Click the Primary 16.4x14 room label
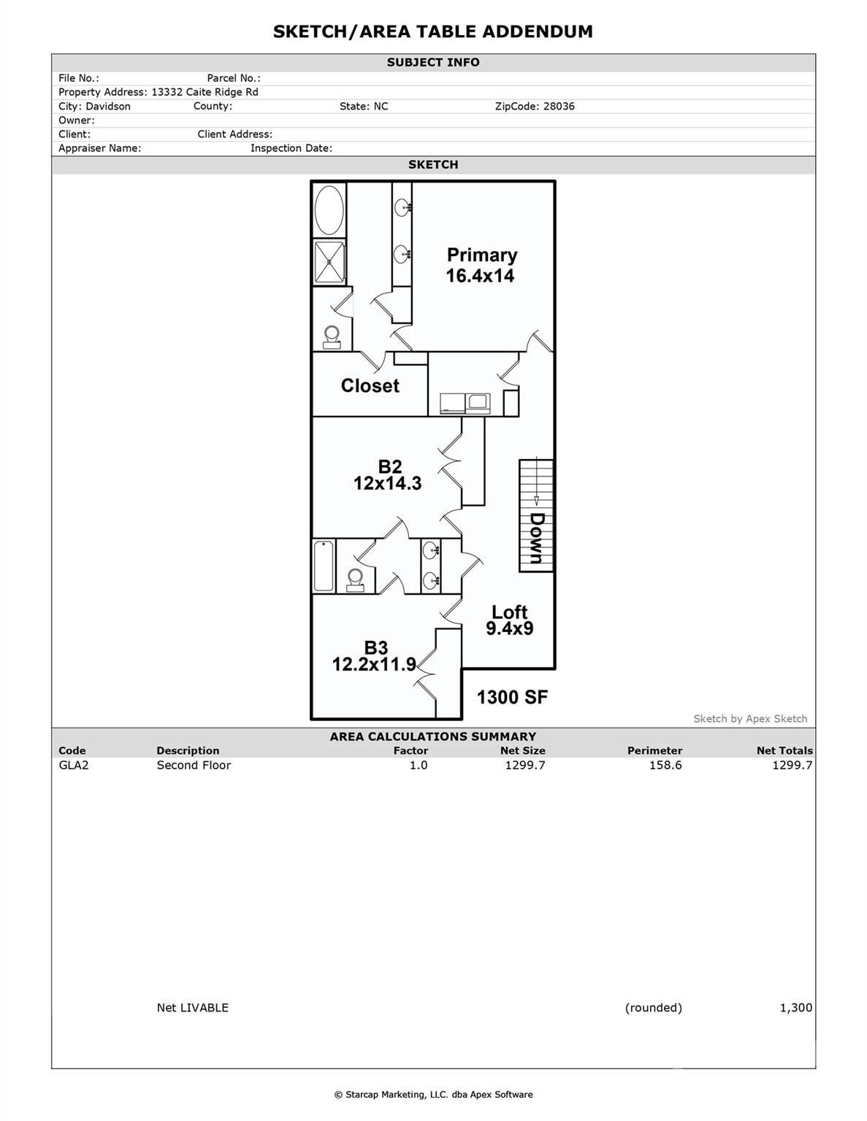tap(481, 265)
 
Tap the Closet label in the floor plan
tap(370, 385)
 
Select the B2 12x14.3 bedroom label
tap(388, 474)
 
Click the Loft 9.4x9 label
tap(509, 620)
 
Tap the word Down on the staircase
tap(537, 538)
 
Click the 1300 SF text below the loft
tap(512, 697)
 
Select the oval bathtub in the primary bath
tap(329, 209)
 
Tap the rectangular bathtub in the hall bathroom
tap(324, 566)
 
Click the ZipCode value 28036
tap(558, 107)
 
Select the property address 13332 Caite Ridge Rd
tap(205, 93)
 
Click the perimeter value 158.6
tap(665, 765)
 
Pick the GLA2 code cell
tap(73, 765)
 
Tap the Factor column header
tap(410, 750)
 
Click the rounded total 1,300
tap(795, 1008)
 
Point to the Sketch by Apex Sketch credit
tap(750, 719)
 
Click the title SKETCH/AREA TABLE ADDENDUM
tap(432, 31)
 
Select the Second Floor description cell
tap(194, 765)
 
